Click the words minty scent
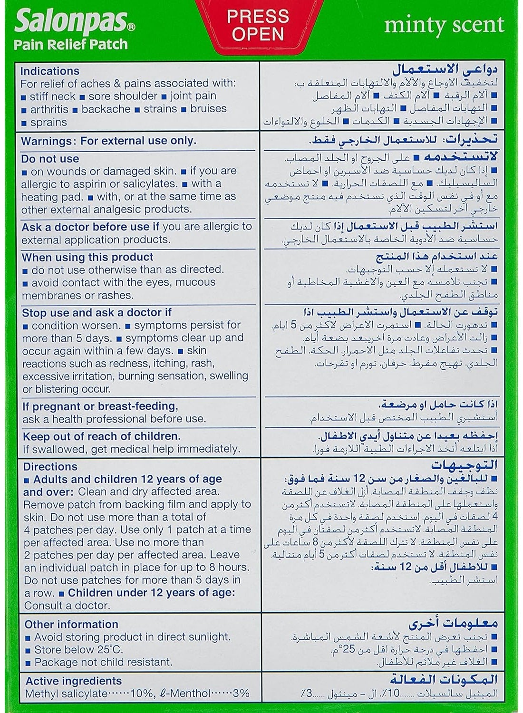tap(444, 25)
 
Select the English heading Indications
tap(49, 71)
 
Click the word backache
tap(106, 109)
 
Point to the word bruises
tap(208, 108)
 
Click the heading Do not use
tap(50, 159)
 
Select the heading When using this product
tap(87, 257)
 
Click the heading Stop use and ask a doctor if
tap(97, 312)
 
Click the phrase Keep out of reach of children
tap(101, 436)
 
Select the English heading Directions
tap(50, 466)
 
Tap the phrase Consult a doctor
tap(67, 606)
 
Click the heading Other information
tap(72, 624)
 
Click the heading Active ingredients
tap(73, 681)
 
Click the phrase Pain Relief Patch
tap(70, 44)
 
